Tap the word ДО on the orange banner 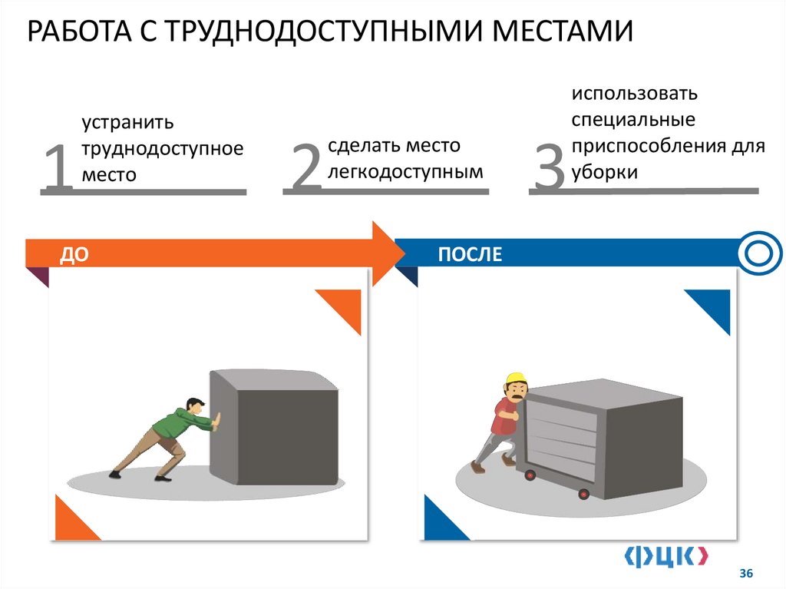point(69,254)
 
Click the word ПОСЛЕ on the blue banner point(470,254)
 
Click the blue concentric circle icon point(760,253)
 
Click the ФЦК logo point(665,556)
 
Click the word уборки point(603,172)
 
